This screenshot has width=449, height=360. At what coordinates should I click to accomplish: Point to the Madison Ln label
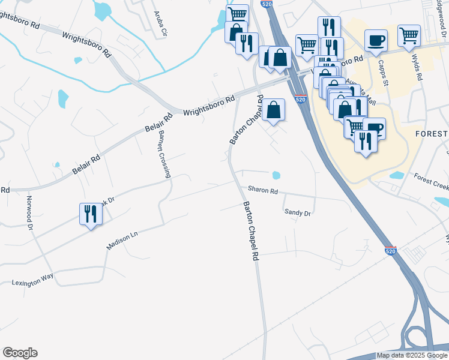[x=122, y=241]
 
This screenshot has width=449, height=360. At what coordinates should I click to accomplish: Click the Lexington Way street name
[x=33, y=279]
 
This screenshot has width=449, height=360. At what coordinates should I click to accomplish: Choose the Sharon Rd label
[x=263, y=191]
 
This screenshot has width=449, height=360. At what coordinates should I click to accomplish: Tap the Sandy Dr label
[x=297, y=212]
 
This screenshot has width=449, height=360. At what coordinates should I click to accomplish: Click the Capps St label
[x=382, y=72]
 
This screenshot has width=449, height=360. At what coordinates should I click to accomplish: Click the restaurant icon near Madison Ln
[x=91, y=214]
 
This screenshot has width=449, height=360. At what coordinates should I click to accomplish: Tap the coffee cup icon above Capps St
[x=376, y=40]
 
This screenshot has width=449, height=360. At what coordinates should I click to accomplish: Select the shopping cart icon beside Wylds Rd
[x=409, y=35]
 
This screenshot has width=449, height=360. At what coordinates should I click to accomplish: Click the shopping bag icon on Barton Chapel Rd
[x=273, y=109]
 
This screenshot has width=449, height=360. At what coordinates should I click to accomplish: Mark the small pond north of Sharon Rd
[x=276, y=176]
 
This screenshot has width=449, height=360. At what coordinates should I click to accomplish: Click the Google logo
[x=20, y=353]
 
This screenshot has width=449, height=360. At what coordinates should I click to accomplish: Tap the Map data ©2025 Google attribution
[x=412, y=355]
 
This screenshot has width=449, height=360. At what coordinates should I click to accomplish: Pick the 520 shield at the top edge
[x=268, y=4]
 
